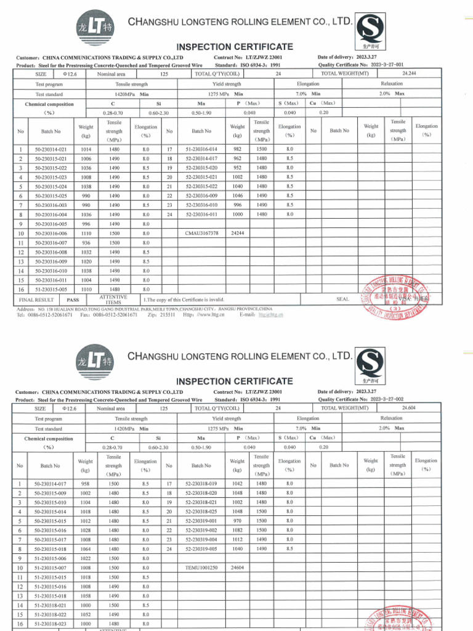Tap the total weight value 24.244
pos(409,73)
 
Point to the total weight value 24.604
pos(409,408)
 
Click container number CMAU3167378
pos(201,234)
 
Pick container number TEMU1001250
pos(201,567)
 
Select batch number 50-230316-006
pos(50,234)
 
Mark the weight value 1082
pos(237,530)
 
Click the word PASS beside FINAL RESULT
pos(72,299)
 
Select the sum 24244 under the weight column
pos(237,234)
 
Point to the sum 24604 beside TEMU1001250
pos(237,567)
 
